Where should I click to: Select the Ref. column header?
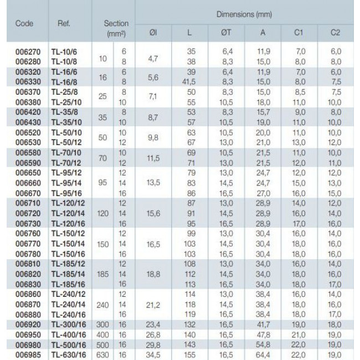(x=63, y=24)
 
